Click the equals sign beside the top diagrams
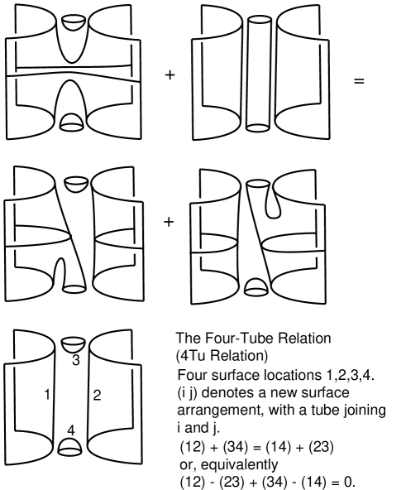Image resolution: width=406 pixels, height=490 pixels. [x=359, y=81]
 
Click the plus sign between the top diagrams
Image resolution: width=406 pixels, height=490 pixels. [x=170, y=75]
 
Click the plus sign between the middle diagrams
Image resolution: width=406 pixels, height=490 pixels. [x=169, y=222]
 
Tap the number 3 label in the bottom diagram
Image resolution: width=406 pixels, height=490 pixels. [x=76, y=360]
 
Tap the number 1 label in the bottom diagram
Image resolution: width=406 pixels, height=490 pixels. [x=47, y=395]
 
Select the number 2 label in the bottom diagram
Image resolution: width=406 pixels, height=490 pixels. [x=97, y=396]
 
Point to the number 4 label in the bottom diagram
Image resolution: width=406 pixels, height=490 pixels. [x=71, y=430]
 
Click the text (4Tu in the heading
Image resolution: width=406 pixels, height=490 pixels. [x=190, y=356]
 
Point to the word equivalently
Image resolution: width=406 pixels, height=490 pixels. [x=239, y=464]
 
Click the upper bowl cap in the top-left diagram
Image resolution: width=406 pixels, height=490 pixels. [x=74, y=22]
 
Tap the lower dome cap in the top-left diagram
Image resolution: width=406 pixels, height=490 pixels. [x=71, y=122]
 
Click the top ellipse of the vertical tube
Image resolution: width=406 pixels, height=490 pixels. [x=260, y=20]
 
